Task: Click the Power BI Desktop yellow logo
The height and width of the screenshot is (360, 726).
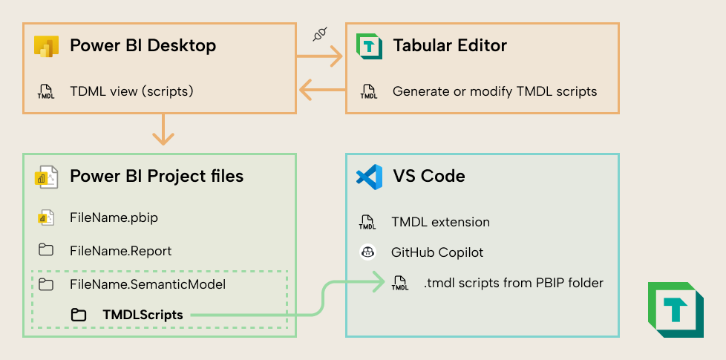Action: pos(46,46)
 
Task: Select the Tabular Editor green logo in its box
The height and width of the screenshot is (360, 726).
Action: pos(369,46)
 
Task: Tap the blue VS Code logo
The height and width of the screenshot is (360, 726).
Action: pos(369,177)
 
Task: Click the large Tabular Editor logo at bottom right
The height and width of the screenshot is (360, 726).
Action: pos(676,310)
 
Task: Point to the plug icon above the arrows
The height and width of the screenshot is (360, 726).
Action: pos(320,34)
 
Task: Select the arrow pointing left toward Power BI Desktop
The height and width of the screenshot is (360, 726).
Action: pos(321,91)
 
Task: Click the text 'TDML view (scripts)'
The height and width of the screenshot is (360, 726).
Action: pos(131,91)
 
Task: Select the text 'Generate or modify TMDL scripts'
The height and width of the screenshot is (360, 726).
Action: pos(494,91)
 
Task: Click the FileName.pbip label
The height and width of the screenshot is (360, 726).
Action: pos(114,218)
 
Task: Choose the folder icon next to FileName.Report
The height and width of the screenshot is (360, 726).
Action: pos(46,250)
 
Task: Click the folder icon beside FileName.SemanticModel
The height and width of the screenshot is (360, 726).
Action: pos(46,284)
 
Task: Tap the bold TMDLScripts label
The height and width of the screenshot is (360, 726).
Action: pos(143,315)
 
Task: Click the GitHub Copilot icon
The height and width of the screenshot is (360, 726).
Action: pos(367,252)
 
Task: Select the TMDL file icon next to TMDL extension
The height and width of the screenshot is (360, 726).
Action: pos(367,221)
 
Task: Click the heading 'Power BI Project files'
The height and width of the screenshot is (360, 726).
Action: pos(157,176)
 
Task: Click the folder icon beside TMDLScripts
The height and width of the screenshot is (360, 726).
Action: pos(79,315)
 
